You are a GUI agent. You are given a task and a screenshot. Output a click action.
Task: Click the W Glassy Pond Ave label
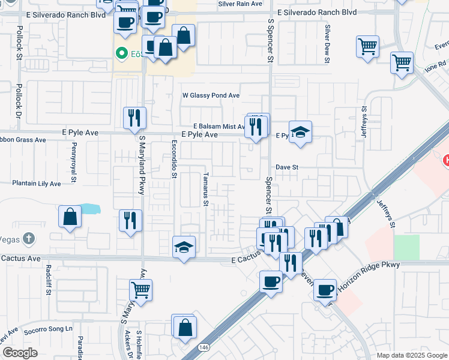(211, 95)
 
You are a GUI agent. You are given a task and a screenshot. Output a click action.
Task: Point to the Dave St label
(287, 167)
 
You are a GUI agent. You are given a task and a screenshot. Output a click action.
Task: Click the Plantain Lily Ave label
(37, 183)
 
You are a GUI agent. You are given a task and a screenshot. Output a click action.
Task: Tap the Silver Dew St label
(327, 43)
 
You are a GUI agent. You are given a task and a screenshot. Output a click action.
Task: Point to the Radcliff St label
(47, 280)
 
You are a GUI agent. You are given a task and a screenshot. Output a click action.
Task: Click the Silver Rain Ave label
(240, 4)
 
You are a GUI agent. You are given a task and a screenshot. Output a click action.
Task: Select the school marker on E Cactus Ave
(184, 247)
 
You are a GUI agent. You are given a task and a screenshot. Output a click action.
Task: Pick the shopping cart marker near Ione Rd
(402, 62)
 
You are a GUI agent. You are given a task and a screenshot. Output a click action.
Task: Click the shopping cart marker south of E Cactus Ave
(141, 290)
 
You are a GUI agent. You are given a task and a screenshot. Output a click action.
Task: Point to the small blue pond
(89, 209)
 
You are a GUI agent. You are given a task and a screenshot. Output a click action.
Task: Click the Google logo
(20, 353)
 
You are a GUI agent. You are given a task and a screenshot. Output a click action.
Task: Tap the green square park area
(406, 247)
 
